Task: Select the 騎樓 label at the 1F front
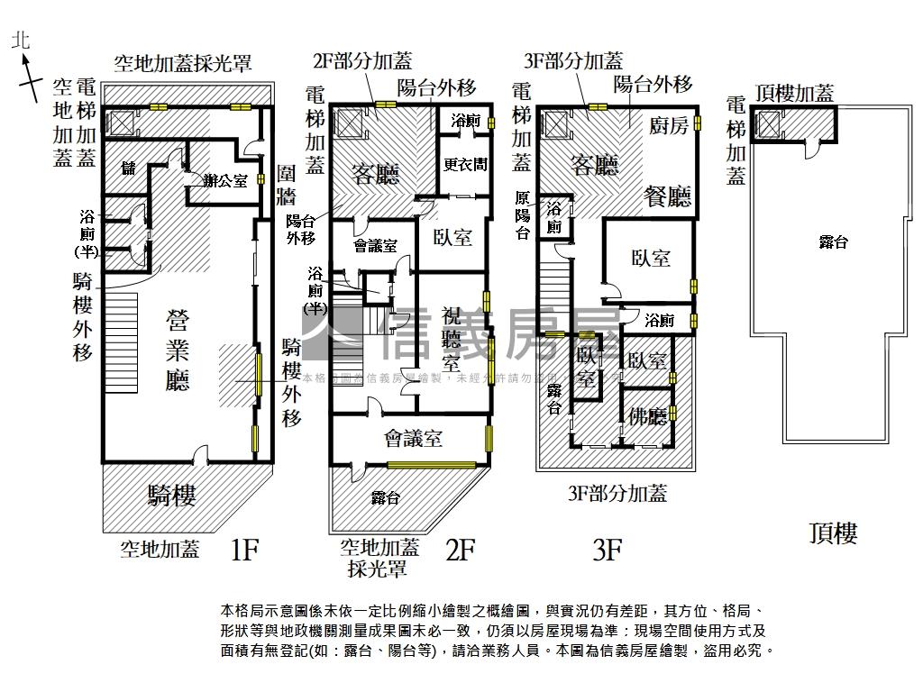tap(171, 495)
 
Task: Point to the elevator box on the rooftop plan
tap(769, 124)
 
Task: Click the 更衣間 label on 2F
tap(465, 166)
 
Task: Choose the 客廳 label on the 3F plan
tap(594, 165)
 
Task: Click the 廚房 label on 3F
tap(669, 125)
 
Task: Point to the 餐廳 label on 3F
tap(667, 196)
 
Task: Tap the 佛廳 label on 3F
tap(647, 417)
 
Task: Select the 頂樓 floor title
tap(833, 533)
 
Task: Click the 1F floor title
tap(244, 549)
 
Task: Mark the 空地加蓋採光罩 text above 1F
tap(182, 63)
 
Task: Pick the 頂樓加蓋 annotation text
tap(794, 92)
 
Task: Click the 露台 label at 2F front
tap(385, 497)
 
